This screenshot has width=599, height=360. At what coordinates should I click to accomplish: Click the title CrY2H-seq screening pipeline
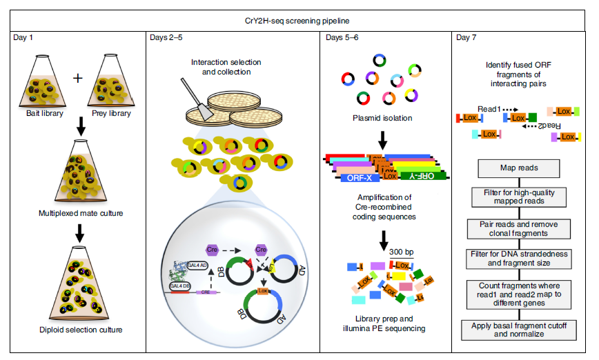pyautogui.click(x=299, y=21)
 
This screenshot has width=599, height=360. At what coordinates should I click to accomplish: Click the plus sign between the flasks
pyautogui.click(x=77, y=77)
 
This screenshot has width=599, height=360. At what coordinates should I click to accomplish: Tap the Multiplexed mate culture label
pyautogui.click(x=81, y=213)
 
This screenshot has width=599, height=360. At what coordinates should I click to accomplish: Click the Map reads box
pyautogui.click(x=519, y=168)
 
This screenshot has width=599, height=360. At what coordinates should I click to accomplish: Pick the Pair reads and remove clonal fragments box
pyautogui.click(x=519, y=228)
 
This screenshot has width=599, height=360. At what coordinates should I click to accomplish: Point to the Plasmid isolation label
pyautogui.click(x=382, y=118)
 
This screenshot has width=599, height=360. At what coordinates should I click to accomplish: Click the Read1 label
pyautogui.click(x=488, y=108)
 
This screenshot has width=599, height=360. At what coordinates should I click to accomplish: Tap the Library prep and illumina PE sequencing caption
pyautogui.click(x=382, y=322)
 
